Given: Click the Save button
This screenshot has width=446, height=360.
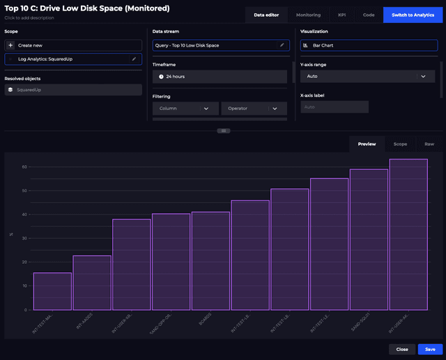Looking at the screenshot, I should click(430, 349).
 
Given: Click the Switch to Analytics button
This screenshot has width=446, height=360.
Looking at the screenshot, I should click(413, 15).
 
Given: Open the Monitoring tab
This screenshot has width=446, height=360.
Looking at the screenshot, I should click(308, 15).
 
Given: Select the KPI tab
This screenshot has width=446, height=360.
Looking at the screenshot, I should click(342, 15).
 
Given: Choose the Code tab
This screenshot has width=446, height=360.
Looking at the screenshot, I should click(369, 15).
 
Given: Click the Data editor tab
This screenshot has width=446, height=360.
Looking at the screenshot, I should click(267, 15).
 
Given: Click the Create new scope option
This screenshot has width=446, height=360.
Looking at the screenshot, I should click(73, 45).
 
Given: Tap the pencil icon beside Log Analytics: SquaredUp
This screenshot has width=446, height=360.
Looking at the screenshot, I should click(134, 59).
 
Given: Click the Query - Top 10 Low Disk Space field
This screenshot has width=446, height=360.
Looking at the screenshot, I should click(216, 45).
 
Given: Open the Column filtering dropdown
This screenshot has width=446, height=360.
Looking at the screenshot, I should click(185, 109).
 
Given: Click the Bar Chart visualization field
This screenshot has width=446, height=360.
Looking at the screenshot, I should click(367, 45).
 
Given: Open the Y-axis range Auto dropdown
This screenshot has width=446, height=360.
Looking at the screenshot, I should click(367, 76).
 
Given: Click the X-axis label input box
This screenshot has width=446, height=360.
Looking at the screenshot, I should click(334, 107).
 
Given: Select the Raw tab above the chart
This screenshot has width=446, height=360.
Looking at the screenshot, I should click(429, 144).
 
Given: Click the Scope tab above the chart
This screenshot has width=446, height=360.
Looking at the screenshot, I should click(400, 144).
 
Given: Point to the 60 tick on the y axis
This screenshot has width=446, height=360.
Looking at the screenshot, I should click(24, 167).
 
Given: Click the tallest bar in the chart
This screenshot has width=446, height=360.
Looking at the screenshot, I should click(408, 234).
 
